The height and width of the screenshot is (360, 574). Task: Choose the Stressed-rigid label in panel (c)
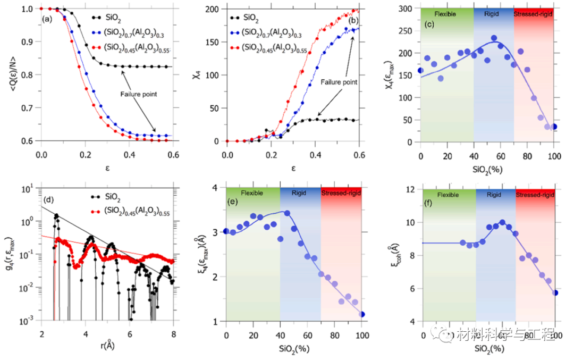pos(534,13)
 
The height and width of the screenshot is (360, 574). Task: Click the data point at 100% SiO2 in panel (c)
pos(554,127)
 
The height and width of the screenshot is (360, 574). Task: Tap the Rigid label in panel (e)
pos(299,193)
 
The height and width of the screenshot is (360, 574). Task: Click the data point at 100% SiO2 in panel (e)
pos(362,314)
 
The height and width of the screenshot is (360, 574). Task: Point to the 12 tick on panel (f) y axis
pos(411,190)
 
